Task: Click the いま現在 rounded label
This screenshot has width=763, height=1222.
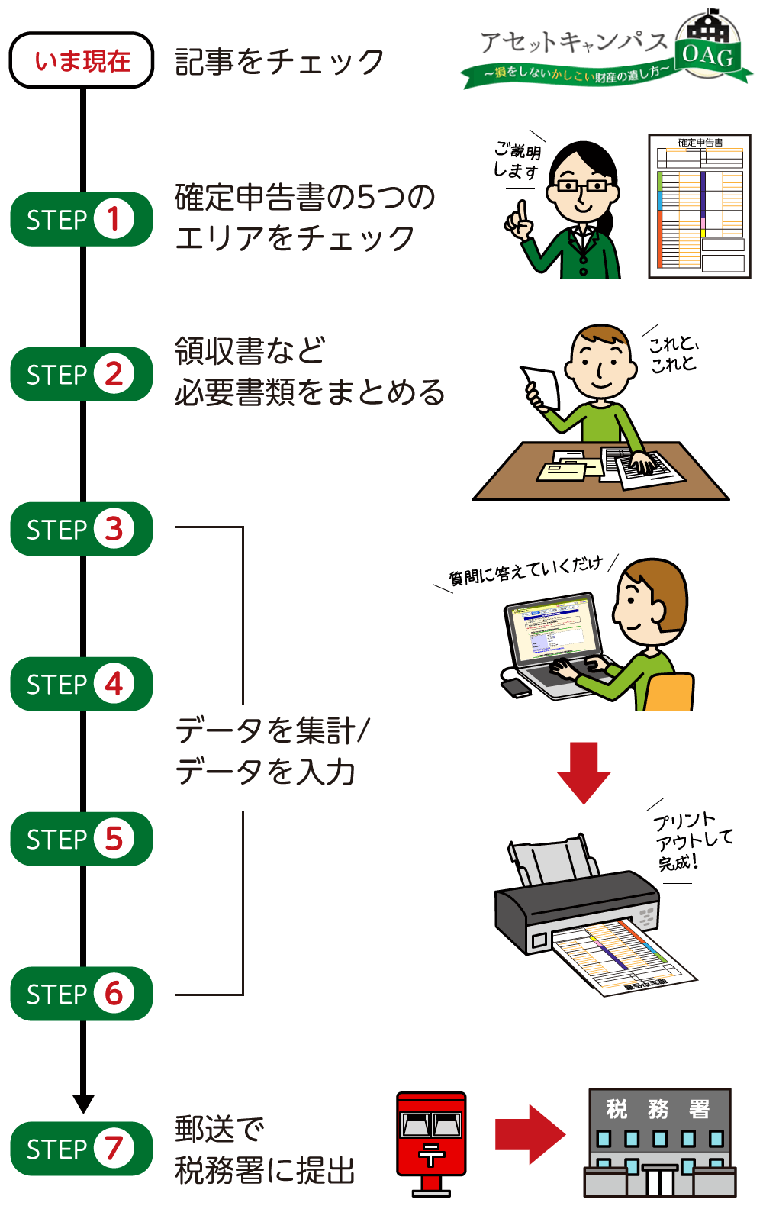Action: tap(82, 60)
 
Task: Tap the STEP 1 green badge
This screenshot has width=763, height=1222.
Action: tap(82, 219)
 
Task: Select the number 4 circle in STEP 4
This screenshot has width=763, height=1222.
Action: tap(114, 684)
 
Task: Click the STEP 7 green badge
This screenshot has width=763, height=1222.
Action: tap(82, 1149)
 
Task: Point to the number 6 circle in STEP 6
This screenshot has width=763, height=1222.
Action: tap(114, 994)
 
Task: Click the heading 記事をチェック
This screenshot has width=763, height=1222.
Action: tap(279, 62)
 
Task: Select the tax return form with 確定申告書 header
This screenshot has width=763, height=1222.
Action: tap(700, 206)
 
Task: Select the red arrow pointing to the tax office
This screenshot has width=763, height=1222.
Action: tap(530, 1134)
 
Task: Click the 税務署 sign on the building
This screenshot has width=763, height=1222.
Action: tap(658, 1108)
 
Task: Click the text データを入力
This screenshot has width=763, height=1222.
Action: tap(266, 771)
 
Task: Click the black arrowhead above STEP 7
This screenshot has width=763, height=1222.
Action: tap(83, 1104)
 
